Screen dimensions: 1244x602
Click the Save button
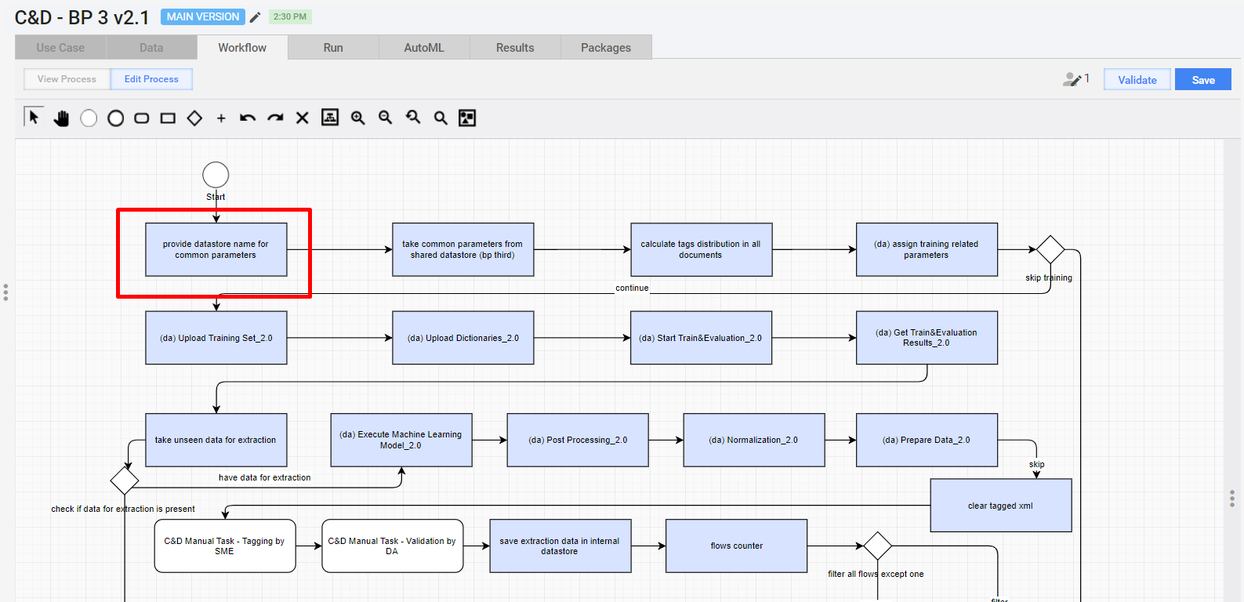point(1203,79)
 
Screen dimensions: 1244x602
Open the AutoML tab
point(424,48)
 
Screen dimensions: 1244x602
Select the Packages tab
point(606,48)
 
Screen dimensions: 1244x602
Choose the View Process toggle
point(67,79)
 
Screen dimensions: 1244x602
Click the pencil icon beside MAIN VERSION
point(255,17)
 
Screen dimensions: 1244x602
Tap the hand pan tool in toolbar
point(61,118)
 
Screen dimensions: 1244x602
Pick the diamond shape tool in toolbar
point(194,118)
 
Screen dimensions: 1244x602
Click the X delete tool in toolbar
point(302,118)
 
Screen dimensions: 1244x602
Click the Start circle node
point(216,175)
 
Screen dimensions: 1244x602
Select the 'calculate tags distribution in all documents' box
point(701,249)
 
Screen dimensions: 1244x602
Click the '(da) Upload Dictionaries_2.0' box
point(463,338)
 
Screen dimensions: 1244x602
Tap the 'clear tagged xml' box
point(1001,506)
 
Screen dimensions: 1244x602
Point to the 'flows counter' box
point(736,546)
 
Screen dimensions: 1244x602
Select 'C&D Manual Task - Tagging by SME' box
point(225,546)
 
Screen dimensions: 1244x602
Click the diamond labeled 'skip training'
point(1050,249)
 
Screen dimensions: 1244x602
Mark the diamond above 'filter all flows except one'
point(877,546)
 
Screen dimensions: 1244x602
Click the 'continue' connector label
point(632,288)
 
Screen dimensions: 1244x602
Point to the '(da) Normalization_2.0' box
point(753,440)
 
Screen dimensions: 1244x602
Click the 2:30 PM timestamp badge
point(290,16)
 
